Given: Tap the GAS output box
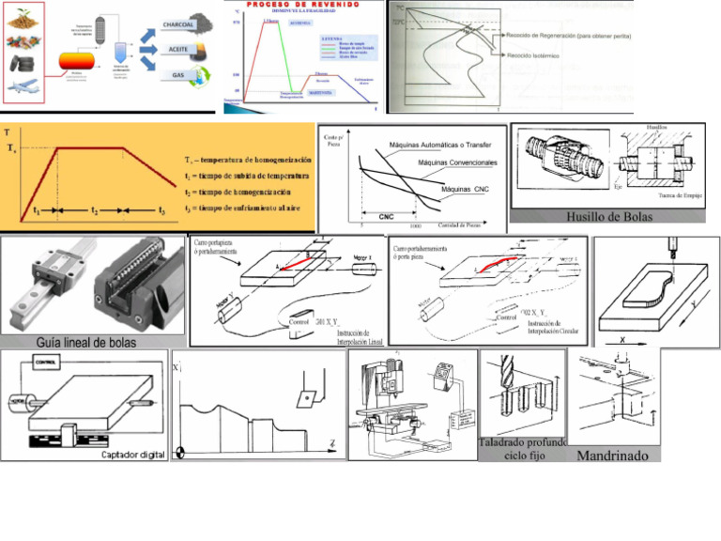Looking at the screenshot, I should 178,75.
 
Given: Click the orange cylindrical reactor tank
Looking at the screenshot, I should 76,60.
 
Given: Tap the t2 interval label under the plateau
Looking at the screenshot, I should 94,211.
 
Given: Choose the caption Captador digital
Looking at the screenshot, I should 132,455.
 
